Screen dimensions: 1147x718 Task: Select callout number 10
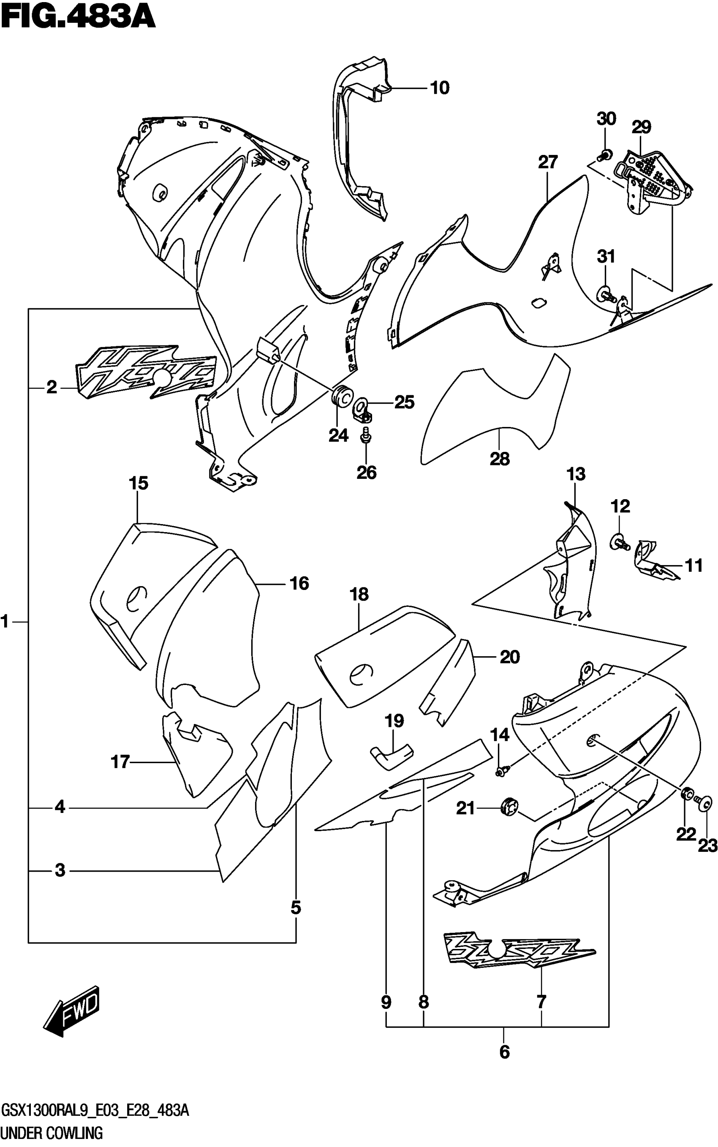click(439, 88)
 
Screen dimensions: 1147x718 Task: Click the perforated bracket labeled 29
click(654, 178)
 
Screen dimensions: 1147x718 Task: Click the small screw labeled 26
click(366, 434)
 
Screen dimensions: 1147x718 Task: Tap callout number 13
click(576, 474)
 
